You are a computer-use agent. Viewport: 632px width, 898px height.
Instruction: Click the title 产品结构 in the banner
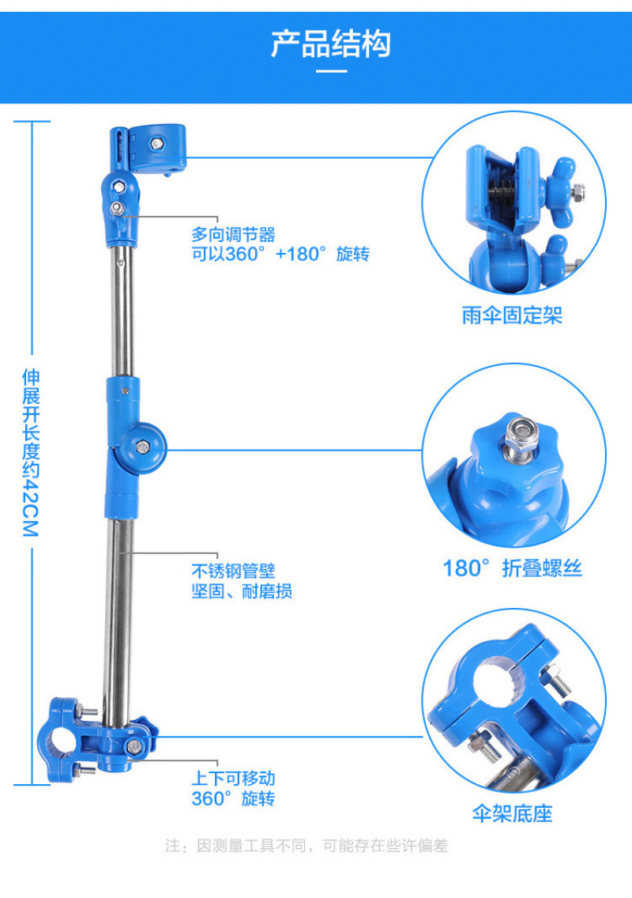[331, 43]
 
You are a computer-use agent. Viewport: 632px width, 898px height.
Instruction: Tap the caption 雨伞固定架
[513, 315]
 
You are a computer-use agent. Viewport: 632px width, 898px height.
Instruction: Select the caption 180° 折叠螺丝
[513, 568]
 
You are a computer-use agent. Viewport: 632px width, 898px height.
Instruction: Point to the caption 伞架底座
[513, 813]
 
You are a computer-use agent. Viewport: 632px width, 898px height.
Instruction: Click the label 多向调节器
[234, 234]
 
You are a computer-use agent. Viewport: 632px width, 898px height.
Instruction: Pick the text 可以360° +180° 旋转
[280, 254]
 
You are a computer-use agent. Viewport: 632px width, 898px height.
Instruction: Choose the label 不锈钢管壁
[234, 571]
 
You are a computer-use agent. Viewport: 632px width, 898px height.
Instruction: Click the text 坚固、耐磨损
[242, 590]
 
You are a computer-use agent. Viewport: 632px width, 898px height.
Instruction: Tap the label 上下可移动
[234, 779]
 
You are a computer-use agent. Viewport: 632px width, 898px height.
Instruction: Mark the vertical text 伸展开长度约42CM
[31, 452]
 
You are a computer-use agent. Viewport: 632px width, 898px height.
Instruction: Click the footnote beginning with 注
[307, 845]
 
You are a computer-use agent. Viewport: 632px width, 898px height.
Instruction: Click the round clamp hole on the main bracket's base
[55, 741]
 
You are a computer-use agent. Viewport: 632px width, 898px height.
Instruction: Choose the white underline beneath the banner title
[331, 72]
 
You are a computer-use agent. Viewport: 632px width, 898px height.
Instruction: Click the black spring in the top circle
[502, 190]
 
